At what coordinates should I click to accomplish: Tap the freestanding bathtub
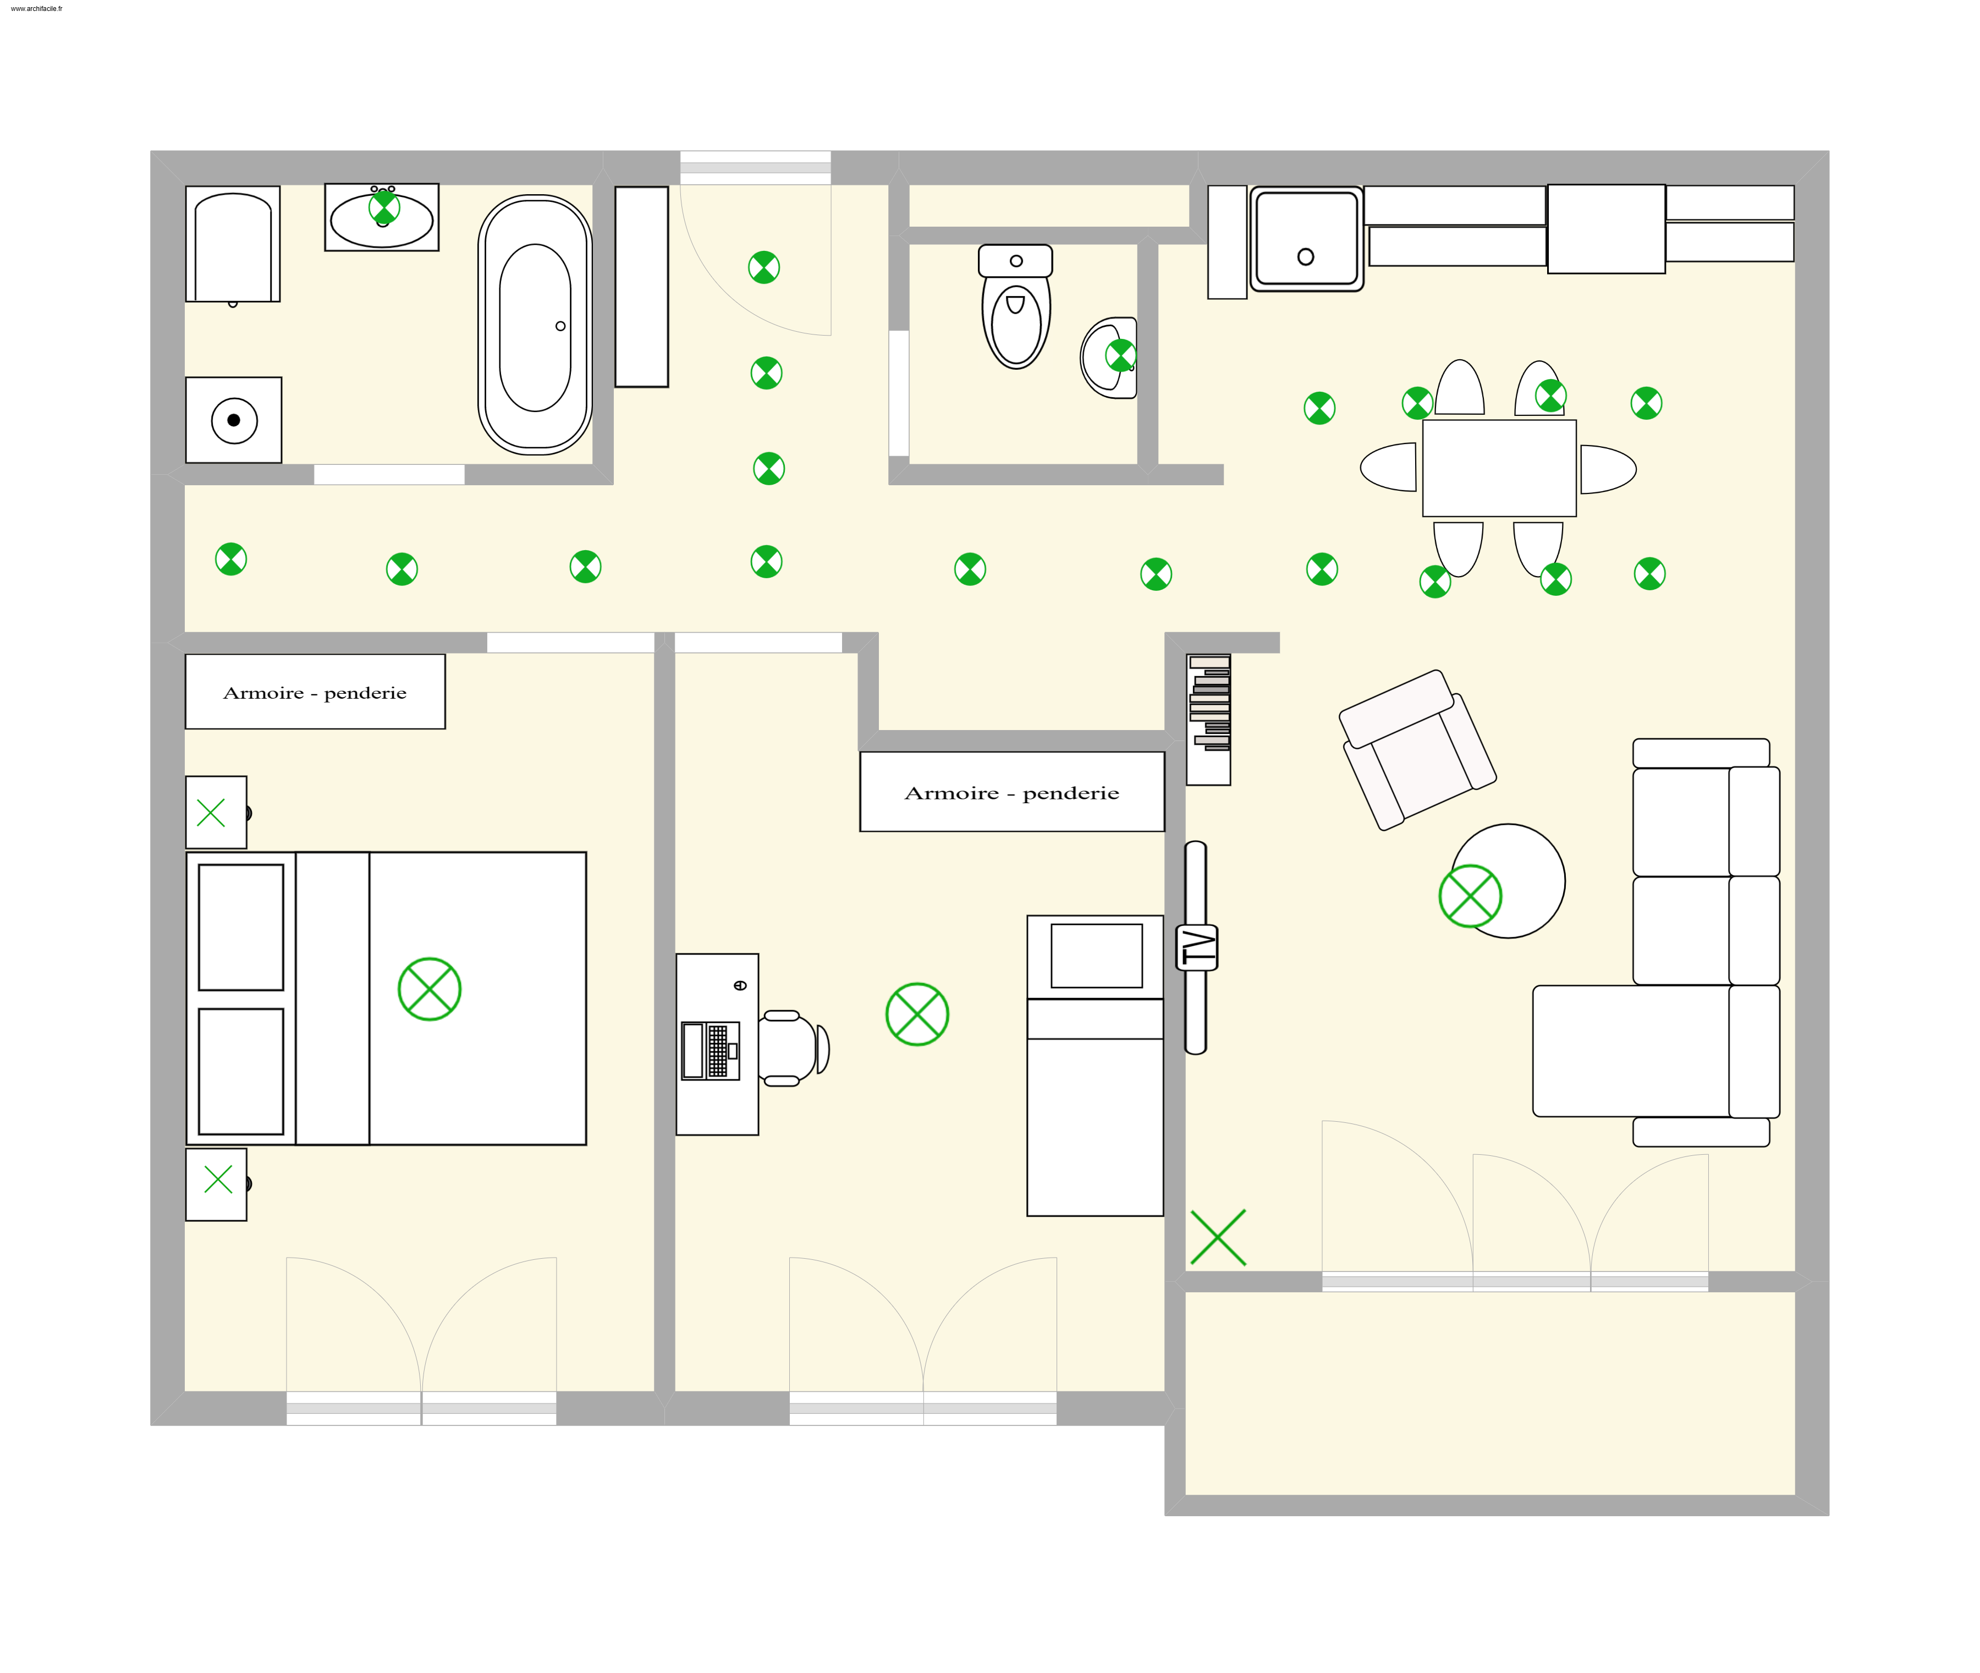click(535, 325)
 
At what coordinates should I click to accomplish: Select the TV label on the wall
click(1197, 946)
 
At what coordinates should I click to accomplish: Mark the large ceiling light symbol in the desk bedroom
click(917, 1014)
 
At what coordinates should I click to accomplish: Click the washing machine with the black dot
click(233, 420)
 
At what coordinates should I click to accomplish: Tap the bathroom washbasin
click(381, 217)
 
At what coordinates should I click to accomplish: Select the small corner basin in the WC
click(1109, 358)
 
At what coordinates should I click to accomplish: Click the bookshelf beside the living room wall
click(1208, 719)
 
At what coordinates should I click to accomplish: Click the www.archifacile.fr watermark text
click(36, 9)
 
